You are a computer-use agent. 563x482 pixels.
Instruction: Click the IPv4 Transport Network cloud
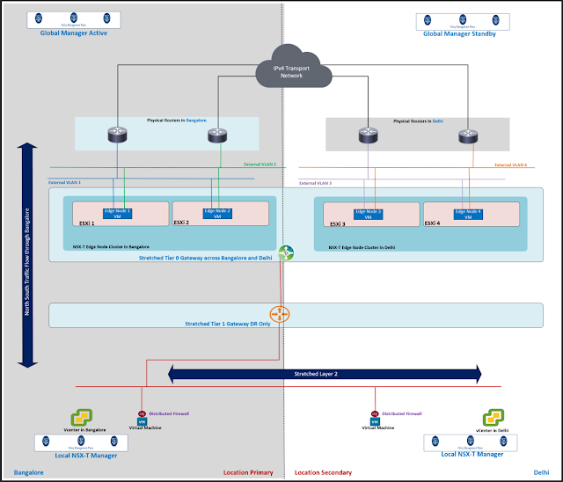tap(284, 69)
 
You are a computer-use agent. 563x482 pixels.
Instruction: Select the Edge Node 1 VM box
tap(117, 213)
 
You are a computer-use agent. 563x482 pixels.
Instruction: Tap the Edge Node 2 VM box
tap(217, 213)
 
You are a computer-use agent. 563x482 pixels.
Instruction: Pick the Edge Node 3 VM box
tap(369, 213)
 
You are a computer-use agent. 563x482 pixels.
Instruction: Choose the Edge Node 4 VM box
tap(468, 213)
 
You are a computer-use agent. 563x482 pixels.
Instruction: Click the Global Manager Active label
tap(73, 33)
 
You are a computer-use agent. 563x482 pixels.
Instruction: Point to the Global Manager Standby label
tap(459, 33)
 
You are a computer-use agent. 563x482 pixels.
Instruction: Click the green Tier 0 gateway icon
tap(286, 252)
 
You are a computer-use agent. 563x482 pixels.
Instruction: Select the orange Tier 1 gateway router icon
tap(281, 314)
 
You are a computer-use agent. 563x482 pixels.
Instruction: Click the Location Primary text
tap(248, 473)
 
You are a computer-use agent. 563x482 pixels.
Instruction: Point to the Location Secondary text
tap(323, 473)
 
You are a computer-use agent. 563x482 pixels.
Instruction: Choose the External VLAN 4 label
tap(510, 164)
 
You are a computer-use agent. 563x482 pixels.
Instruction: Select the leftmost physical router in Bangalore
tap(116, 135)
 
